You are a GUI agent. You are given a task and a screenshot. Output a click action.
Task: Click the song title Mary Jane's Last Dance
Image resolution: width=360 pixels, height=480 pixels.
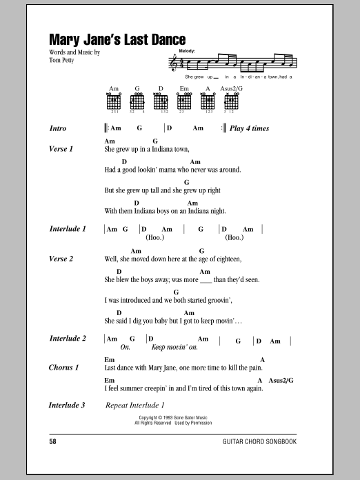click(117, 40)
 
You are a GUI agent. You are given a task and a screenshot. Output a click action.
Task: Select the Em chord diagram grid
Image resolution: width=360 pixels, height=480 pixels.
click(185, 101)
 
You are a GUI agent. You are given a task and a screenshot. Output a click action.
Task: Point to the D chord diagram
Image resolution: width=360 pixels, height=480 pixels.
click(161, 101)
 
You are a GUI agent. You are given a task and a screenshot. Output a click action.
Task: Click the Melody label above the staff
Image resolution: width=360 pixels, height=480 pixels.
click(186, 52)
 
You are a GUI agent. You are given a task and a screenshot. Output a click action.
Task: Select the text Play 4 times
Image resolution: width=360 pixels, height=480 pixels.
click(249, 128)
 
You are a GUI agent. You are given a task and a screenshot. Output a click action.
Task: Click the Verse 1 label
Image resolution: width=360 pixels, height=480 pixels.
click(61, 148)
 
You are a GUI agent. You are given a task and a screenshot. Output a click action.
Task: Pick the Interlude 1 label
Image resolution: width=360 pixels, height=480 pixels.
click(68, 228)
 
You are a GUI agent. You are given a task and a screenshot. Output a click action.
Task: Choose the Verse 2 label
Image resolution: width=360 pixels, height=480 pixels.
click(61, 259)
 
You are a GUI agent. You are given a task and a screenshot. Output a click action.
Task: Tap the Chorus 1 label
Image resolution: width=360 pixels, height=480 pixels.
click(64, 368)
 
